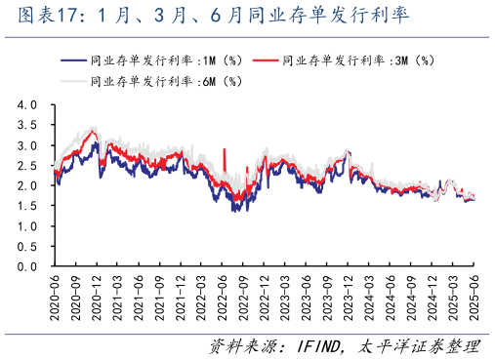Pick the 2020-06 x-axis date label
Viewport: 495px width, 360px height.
(x=56, y=294)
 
